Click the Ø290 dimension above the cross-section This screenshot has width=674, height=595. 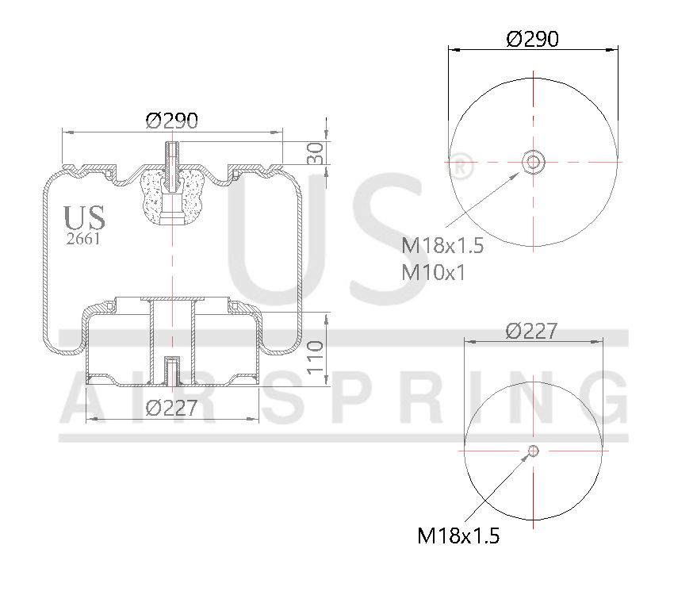pyautogui.click(x=171, y=121)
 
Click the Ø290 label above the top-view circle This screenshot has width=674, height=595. pyautogui.click(x=532, y=38)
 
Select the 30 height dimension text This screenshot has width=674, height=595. pyautogui.click(x=316, y=153)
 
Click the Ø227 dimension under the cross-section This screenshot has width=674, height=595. pyautogui.click(x=171, y=408)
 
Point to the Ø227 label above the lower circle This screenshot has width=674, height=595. pyautogui.click(x=532, y=331)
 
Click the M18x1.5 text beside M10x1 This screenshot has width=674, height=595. pyautogui.click(x=442, y=246)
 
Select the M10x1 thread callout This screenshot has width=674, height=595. pyautogui.click(x=433, y=272)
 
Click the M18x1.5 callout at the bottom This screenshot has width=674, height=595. pyautogui.click(x=458, y=536)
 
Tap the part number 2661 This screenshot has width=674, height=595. pyautogui.click(x=82, y=239)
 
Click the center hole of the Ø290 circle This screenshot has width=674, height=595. pyautogui.click(x=533, y=163)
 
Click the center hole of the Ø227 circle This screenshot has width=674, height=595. pyautogui.click(x=533, y=451)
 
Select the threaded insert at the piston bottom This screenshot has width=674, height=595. pyautogui.click(x=171, y=369)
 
